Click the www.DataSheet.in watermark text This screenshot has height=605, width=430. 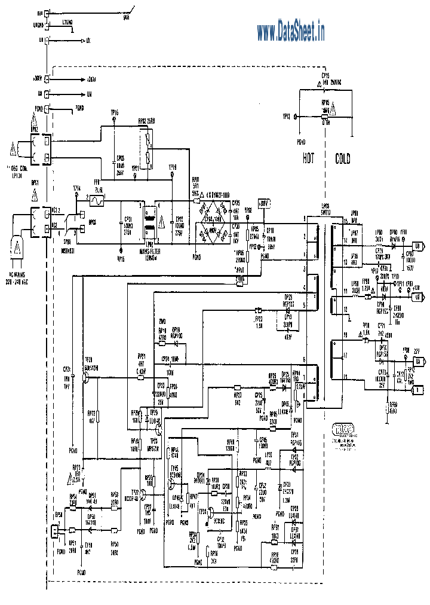tap(291, 30)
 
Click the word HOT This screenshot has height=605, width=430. tap(308, 159)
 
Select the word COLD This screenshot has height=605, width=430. tap(342, 159)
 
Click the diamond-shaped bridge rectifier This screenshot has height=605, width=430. tap(214, 221)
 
